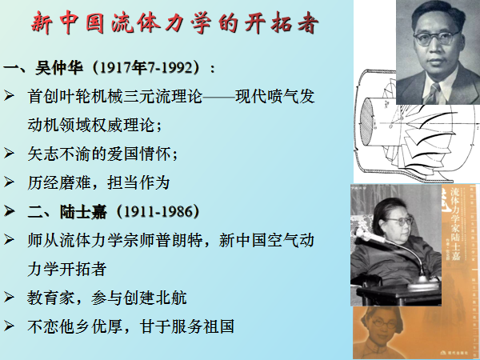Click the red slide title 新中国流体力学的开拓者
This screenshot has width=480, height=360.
(174, 22)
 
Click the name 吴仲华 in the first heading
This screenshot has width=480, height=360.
(59, 67)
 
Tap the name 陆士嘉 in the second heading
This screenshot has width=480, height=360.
(83, 211)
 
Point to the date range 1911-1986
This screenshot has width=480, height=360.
(158, 211)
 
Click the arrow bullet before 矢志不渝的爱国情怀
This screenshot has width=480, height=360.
(9, 153)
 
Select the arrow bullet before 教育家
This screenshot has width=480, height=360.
(9, 297)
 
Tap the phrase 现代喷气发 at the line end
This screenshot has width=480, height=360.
(274, 96)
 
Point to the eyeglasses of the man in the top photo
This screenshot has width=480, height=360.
(436, 38)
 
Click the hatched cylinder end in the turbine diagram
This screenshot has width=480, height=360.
(366, 122)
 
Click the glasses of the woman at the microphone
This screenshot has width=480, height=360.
(400, 221)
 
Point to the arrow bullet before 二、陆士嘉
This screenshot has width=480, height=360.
(9, 210)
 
